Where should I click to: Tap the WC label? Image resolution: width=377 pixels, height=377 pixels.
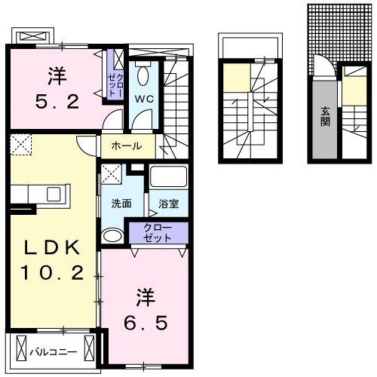pos(144,100)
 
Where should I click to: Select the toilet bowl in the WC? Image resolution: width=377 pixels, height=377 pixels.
pos(144,76)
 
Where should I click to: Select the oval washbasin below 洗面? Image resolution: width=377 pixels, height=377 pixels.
pos(111,236)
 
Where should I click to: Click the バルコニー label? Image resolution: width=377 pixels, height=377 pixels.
pos(54,350)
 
